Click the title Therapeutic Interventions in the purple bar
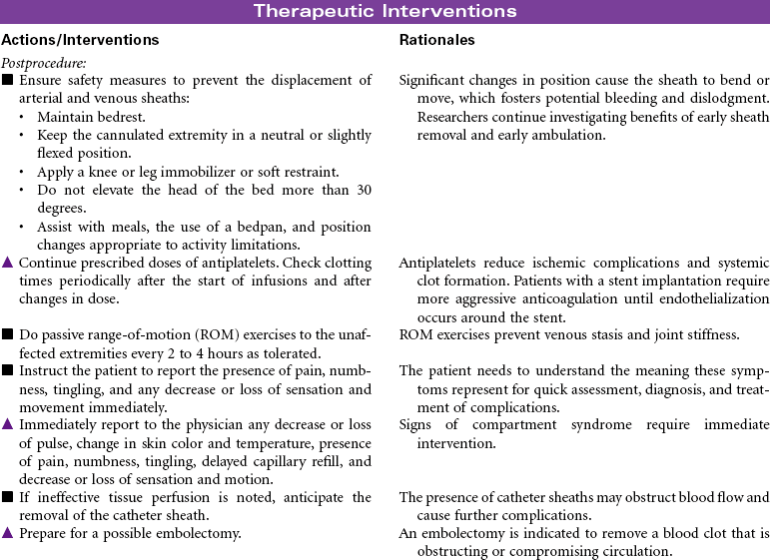click(385, 12)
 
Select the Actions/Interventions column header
click(80, 41)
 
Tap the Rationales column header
click(436, 41)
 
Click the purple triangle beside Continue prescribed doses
click(8, 264)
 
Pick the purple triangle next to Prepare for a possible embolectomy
click(8, 533)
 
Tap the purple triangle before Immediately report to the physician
click(8, 425)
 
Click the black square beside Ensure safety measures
click(8, 80)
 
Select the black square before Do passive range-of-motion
click(8, 335)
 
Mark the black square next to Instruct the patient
click(8, 371)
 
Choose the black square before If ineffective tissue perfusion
click(8, 497)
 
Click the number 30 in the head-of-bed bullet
click(362, 191)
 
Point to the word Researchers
click(439, 117)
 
